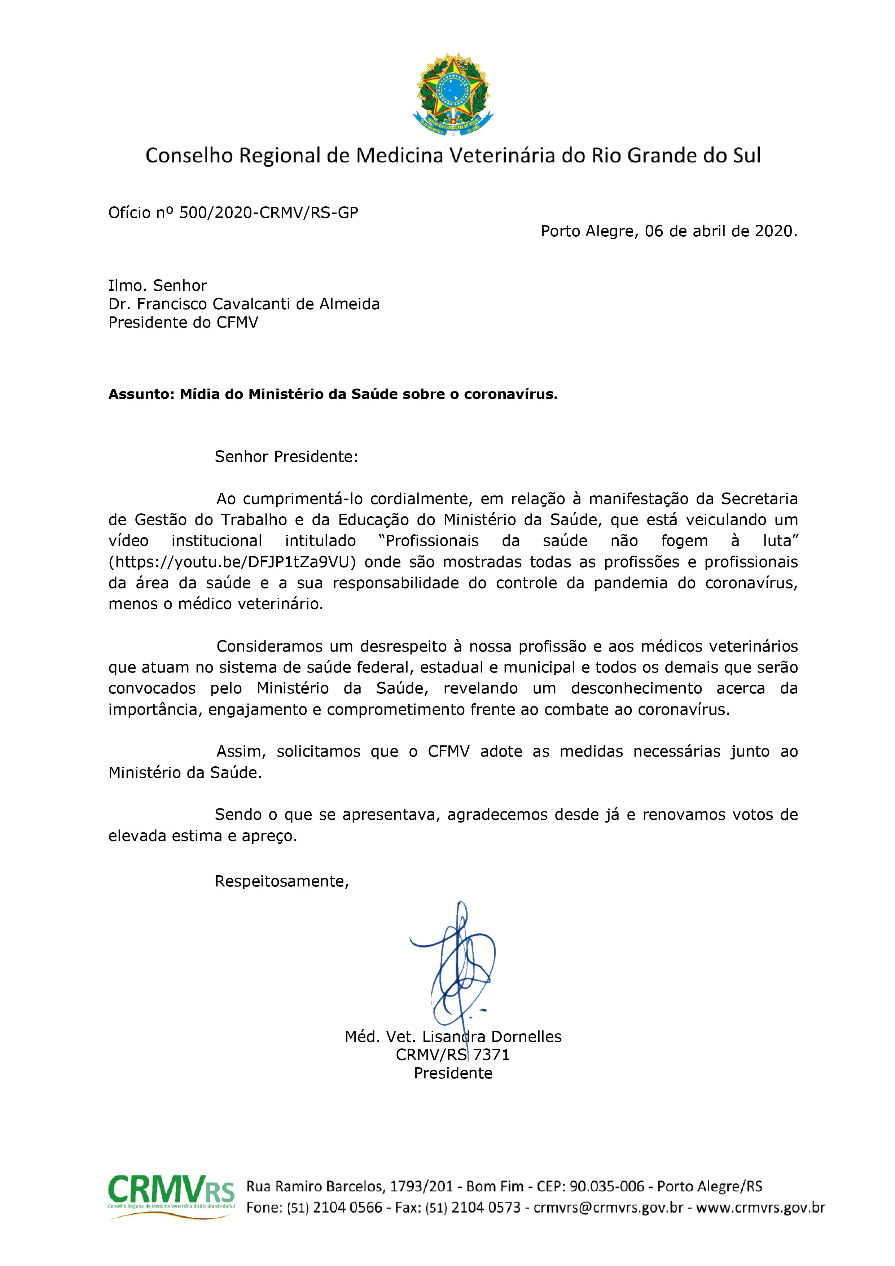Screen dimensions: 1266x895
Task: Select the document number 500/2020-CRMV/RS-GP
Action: coord(268,213)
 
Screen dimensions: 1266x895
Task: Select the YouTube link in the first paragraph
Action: coord(236,562)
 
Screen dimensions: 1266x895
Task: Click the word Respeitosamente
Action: coord(281,881)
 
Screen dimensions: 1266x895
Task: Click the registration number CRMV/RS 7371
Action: coord(453,1055)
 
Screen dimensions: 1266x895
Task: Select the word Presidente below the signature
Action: coord(453,1073)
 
